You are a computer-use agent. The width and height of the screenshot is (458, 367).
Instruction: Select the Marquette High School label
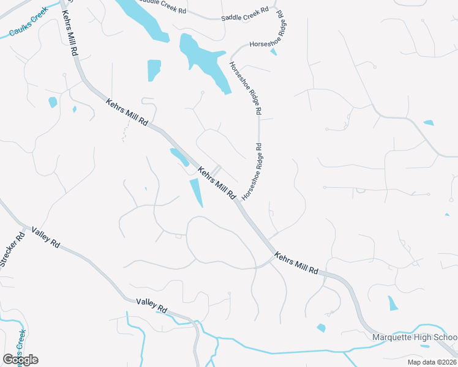[415, 338]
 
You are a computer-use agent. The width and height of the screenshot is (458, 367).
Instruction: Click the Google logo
[20, 359]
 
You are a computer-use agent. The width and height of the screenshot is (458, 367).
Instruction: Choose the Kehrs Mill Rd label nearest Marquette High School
[297, 262]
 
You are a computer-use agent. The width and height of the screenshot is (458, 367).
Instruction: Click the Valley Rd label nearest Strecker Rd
[46, 237]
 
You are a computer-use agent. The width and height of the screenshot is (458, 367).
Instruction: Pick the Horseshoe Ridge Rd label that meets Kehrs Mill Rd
[252, 172]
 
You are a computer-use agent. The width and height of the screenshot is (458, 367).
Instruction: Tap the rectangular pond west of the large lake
[154, 70]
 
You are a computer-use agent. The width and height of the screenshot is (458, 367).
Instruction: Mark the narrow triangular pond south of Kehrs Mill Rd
[197, 192]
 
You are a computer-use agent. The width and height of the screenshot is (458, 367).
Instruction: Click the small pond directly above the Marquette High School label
[393, 303]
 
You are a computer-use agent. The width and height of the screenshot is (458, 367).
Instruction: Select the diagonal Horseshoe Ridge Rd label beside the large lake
[246, 88]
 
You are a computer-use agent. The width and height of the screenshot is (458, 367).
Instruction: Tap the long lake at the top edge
[145, 20]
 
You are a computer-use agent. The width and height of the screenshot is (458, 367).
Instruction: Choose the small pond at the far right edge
[429, 123]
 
